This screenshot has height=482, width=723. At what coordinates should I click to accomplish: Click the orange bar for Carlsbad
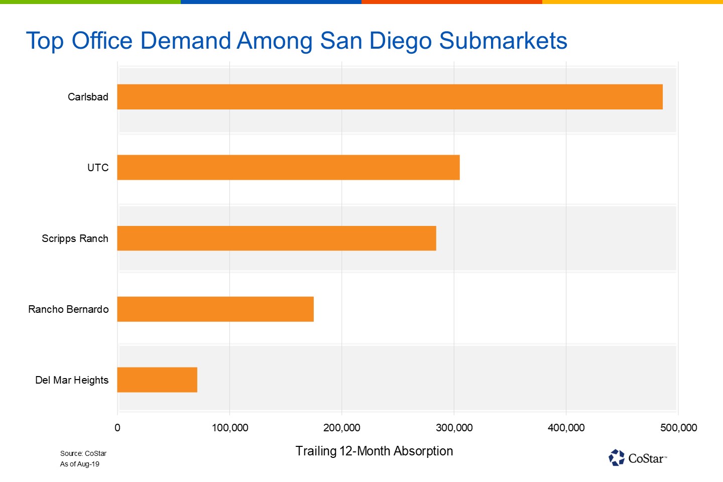(x=390, y=97)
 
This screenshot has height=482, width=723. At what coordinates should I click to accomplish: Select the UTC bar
(x=288, y=167)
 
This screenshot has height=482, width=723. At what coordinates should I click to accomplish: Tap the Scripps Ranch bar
(x=277, y=238)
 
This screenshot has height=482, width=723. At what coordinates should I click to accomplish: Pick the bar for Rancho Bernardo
(x=215, y=309)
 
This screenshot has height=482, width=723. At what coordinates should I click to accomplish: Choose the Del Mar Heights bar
(x=157, y=380)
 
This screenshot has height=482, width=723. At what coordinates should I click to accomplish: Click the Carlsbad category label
(x=88, y=97)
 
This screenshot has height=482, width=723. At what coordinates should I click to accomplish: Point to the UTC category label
(x=98, y=168)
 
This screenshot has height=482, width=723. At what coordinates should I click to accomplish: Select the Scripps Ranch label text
(x=75, y=238)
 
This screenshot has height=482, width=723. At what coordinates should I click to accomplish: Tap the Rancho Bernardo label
(x=68, y=309)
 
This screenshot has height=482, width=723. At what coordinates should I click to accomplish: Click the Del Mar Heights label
(x=72, y=380)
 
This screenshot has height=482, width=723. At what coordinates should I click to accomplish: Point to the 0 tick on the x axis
(x=117, y=428)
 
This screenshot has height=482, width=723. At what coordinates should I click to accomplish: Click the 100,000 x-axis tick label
(x=230, y=428)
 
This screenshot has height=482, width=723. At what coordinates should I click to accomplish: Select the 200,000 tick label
(x=342, y=428)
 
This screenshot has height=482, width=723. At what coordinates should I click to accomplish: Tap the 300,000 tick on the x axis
(x=454, y=428)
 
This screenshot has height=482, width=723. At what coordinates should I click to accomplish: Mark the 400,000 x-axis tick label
(x=566, y=428)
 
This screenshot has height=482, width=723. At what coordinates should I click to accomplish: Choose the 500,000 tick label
(x=678, y=428)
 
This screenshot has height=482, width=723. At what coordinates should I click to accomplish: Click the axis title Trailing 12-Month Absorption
(x=374, y=451)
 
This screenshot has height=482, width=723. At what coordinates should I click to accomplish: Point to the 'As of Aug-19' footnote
(x=80, y=464)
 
